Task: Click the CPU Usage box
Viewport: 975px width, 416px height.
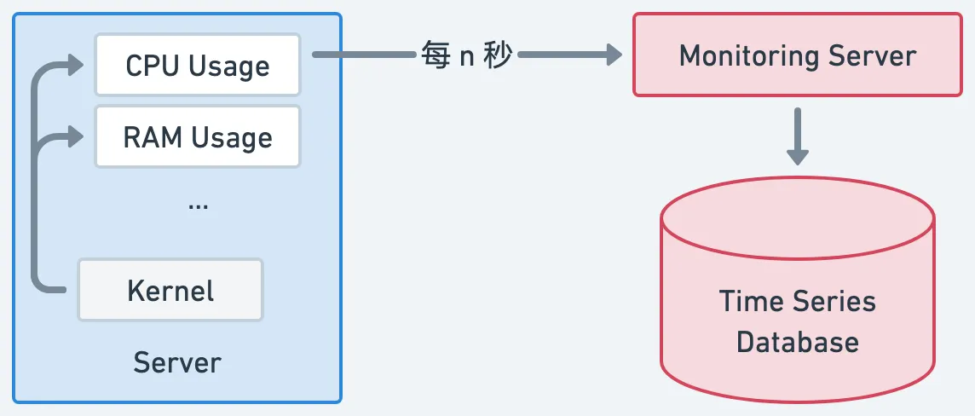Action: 198,66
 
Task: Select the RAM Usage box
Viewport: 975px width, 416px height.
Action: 198,137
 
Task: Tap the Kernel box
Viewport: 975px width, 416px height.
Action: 170,291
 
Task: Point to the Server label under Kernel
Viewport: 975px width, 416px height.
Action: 177,363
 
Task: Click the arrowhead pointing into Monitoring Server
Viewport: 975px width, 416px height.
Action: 611,56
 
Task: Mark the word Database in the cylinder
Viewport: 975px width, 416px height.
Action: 798,343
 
